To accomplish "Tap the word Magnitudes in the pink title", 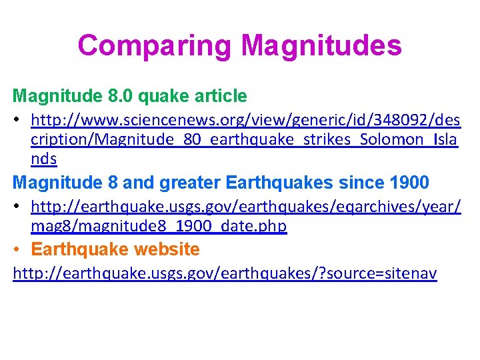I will pyautogui.click(x=321, y=46).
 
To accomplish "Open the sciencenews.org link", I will pyautogui.click(x=245, y=121).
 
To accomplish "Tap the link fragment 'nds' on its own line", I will pyautogui.click(x=44, y=159).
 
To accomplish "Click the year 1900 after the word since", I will pyautogui.click(x=411, y=182).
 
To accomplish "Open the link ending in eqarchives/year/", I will pyautogui.click(x=245, y=207).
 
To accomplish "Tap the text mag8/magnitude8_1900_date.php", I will pyautogui.click(x=159, y=226).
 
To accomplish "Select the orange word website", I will pyautogui.click(x=167, y=250).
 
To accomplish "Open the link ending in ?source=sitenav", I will pyautogui.click(x=225, y=274).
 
